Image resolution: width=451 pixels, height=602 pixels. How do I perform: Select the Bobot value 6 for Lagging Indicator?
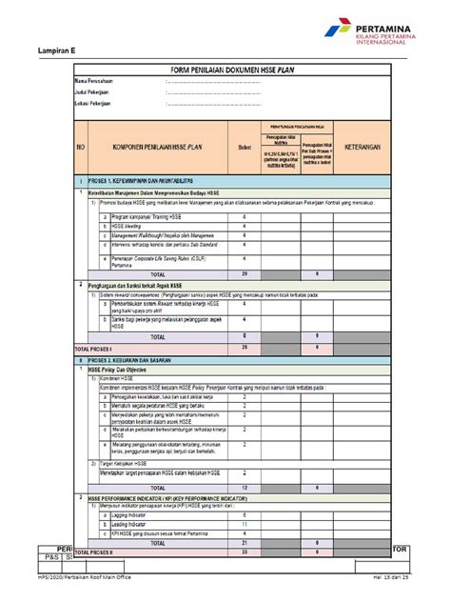point(245,515)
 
